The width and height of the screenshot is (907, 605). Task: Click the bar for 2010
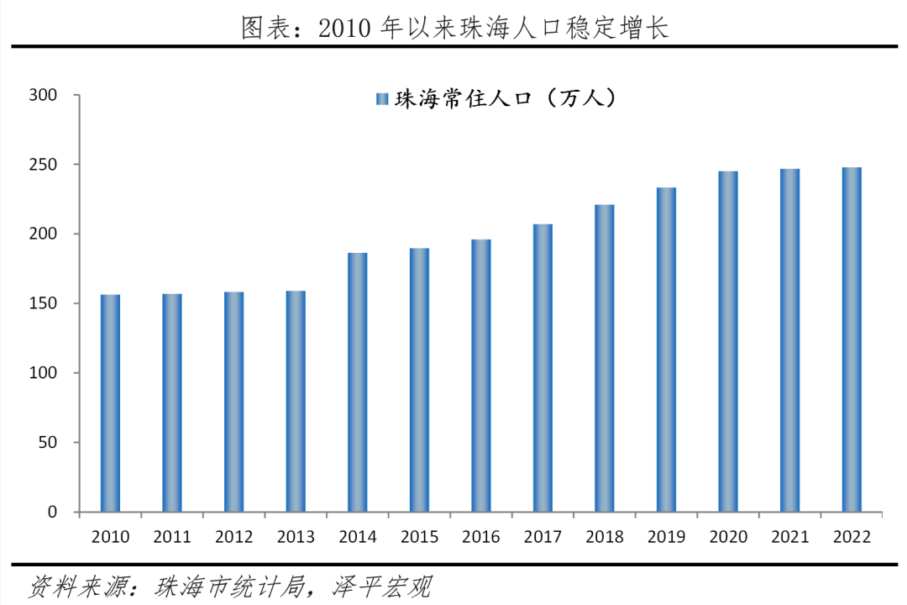(110, 403)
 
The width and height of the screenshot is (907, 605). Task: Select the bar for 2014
(358, 382)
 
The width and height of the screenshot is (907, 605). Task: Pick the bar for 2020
(728, 341)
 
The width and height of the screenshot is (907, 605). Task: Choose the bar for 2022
(852, 339)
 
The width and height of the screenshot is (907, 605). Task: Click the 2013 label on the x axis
(296, 537)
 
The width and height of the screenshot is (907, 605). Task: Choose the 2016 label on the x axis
(481, 537)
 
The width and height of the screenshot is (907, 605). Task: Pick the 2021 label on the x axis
(790, 537)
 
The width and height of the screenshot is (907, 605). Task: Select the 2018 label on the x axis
(605, 537)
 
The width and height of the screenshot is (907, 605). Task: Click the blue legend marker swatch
(381, 100)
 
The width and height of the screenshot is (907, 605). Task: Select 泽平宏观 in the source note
(381, 586)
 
